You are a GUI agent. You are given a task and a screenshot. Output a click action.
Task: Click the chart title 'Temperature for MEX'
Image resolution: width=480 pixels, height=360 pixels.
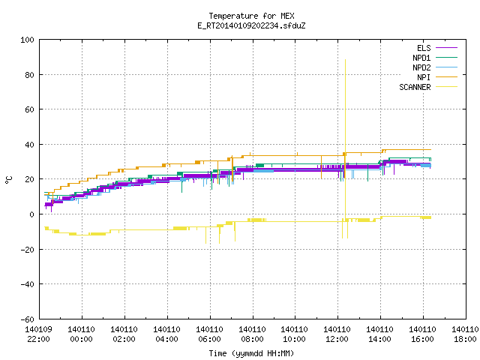click(x=251, y=16)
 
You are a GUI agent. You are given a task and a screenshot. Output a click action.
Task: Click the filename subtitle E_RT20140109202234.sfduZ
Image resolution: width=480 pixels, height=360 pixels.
click(x=251, y=25)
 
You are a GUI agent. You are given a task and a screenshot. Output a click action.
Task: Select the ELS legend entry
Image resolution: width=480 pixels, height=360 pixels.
click(x=424, y=48)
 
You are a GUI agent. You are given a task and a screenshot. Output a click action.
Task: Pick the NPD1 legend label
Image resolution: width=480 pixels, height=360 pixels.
click(x=421, y=58)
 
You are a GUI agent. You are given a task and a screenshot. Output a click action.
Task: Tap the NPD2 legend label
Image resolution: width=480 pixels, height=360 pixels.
click(x=421, y=67)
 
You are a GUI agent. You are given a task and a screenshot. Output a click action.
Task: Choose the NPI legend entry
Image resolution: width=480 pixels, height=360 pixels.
click(x=424, y=77)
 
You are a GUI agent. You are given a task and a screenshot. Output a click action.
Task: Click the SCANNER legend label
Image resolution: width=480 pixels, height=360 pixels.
click(x=415, y=87)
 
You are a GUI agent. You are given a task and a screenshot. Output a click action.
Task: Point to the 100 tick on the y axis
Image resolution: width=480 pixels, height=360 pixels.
click(x=27, y=40)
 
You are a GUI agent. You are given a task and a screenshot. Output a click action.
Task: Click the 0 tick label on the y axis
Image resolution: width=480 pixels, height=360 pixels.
click(x=31, y=214)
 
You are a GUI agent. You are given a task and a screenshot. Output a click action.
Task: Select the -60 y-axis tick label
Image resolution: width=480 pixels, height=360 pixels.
click(x=27, y=319)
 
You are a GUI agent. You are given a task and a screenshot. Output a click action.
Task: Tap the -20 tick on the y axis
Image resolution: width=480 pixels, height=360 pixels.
click(x=27, y=250)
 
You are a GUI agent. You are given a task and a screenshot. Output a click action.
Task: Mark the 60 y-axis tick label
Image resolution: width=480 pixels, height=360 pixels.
click(x=30, y=109)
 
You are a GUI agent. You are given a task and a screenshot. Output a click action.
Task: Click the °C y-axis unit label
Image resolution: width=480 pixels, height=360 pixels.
click(x=8, y=180)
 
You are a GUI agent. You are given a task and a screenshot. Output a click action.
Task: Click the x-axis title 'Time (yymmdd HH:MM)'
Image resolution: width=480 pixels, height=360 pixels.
click(x=251, y=353)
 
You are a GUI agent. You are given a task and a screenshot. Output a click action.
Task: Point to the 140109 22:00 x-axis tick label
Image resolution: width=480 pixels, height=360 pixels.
click(x=38, y=334)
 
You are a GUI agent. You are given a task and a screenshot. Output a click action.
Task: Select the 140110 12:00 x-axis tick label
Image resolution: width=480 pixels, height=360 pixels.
click(x=337, y=334)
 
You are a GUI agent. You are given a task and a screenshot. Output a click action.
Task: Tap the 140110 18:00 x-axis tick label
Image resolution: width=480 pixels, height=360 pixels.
click(x=465, y=334)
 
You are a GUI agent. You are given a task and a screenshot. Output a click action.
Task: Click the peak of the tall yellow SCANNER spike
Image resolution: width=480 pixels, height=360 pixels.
click(x=345, y=60)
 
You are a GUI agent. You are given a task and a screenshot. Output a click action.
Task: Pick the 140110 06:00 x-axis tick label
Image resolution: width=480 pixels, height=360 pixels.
click(x=209, y=334)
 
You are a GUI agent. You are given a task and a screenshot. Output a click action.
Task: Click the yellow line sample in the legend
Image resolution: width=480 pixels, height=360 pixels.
click(x=447, y=87)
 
